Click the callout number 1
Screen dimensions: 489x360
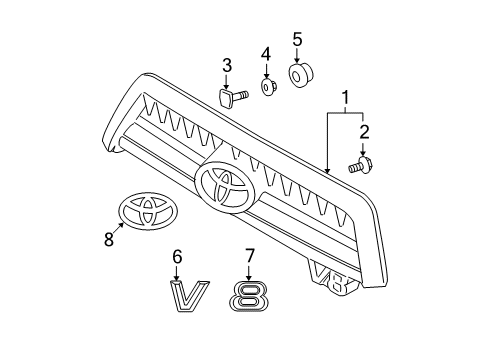point(345,100)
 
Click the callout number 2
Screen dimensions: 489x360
point(364,132)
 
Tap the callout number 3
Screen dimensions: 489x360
point(227,66)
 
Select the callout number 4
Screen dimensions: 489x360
point(266,53)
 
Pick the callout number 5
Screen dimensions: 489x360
point(297,40)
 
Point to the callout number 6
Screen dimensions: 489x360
point(177,257)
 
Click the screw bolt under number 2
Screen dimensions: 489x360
point(360,166)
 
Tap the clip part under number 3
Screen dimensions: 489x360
point(229,97)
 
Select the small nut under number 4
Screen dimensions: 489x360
point(267,88)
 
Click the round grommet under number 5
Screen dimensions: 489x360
point(300,76)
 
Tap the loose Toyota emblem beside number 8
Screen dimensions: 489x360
point(148,212)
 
